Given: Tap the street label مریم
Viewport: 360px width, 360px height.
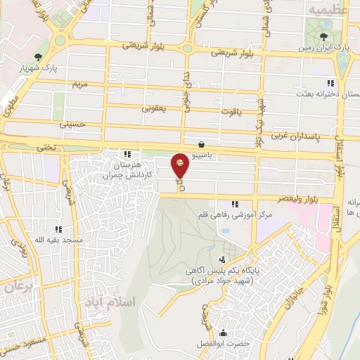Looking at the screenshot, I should point(79,85).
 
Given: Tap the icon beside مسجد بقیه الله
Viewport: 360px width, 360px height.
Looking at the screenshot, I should point(58,229).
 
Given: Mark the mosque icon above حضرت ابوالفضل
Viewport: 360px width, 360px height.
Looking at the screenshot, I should point(224,332).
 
